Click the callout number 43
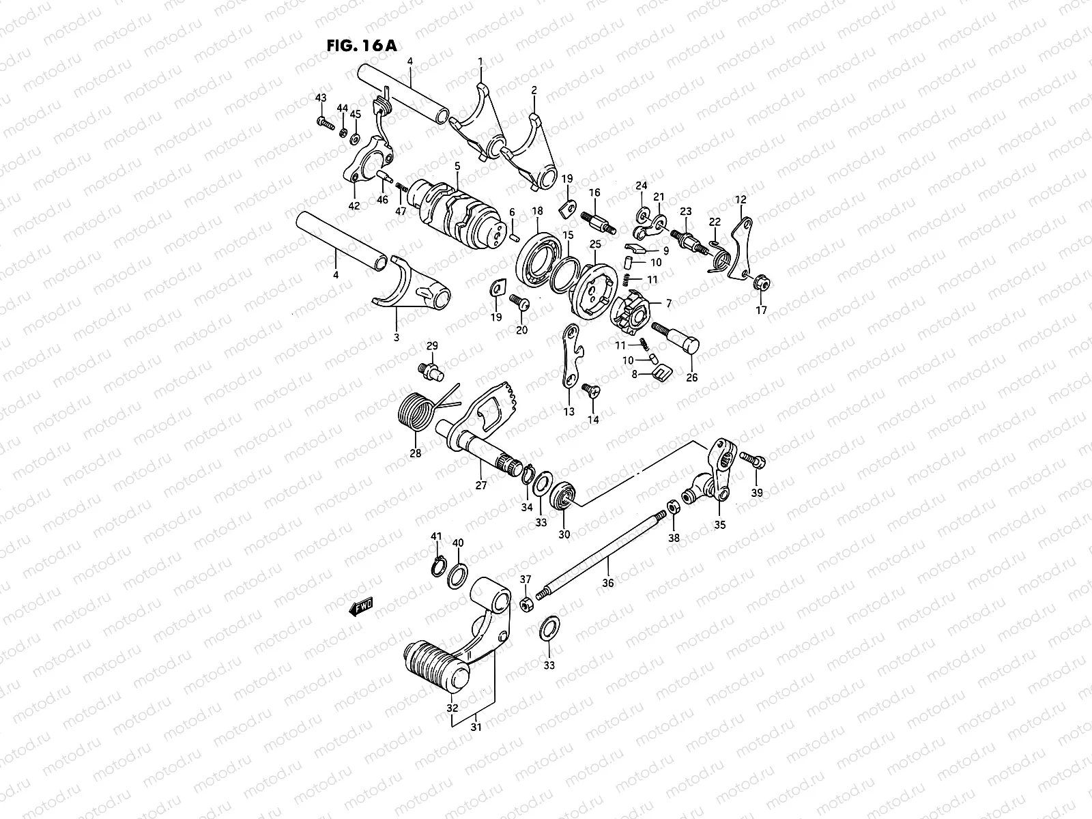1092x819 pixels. tap(321, 98)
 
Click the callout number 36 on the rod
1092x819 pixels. tap(608, 583)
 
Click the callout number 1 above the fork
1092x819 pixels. tap(480, 61)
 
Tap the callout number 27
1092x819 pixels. tap(481, 485)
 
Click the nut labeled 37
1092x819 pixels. tap(527, 603)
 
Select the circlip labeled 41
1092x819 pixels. tap(437, 567)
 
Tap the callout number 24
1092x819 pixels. tap(641, 185)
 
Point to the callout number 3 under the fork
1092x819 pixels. tap(396, 337)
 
